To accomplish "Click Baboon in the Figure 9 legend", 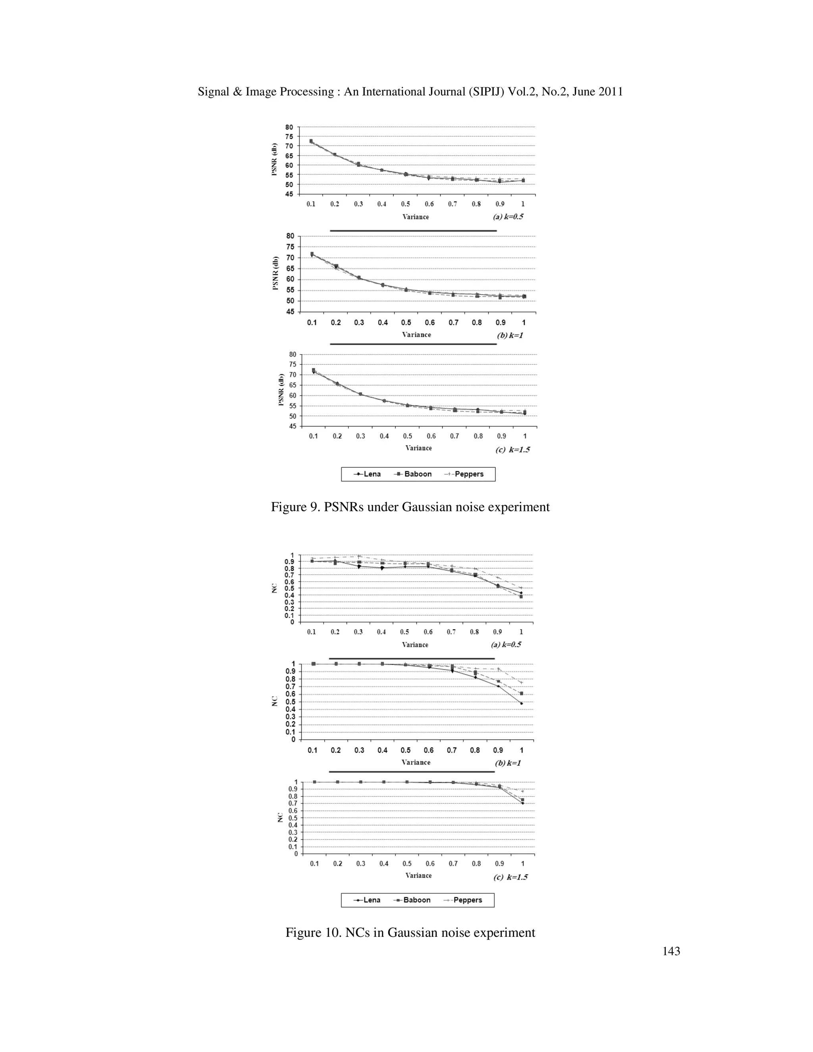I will coord(418,474).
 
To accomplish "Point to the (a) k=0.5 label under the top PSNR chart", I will coord(508,217).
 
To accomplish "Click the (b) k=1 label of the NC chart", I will coord(508,763).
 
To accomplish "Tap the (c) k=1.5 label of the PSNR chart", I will coord(512,450).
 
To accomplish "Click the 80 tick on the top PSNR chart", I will coord(289,127).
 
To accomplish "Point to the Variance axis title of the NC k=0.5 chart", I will coord(415,644).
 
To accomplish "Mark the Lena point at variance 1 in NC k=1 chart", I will coord(521,703).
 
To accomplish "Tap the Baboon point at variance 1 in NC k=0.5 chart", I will coord(521,596).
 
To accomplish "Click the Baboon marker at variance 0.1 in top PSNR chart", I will coord(311,141).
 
